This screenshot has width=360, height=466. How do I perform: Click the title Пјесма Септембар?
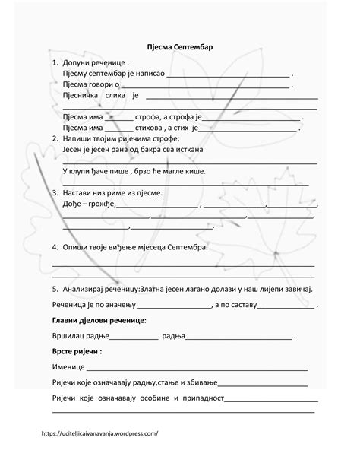(180, 47)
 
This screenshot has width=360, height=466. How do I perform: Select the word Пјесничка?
(80, 97)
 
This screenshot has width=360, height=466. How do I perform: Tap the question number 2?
(55, 140)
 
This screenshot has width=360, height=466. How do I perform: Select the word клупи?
(81, 173)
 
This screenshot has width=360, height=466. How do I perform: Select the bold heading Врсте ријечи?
(77, 353)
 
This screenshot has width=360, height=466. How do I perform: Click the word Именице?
(68, 367)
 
